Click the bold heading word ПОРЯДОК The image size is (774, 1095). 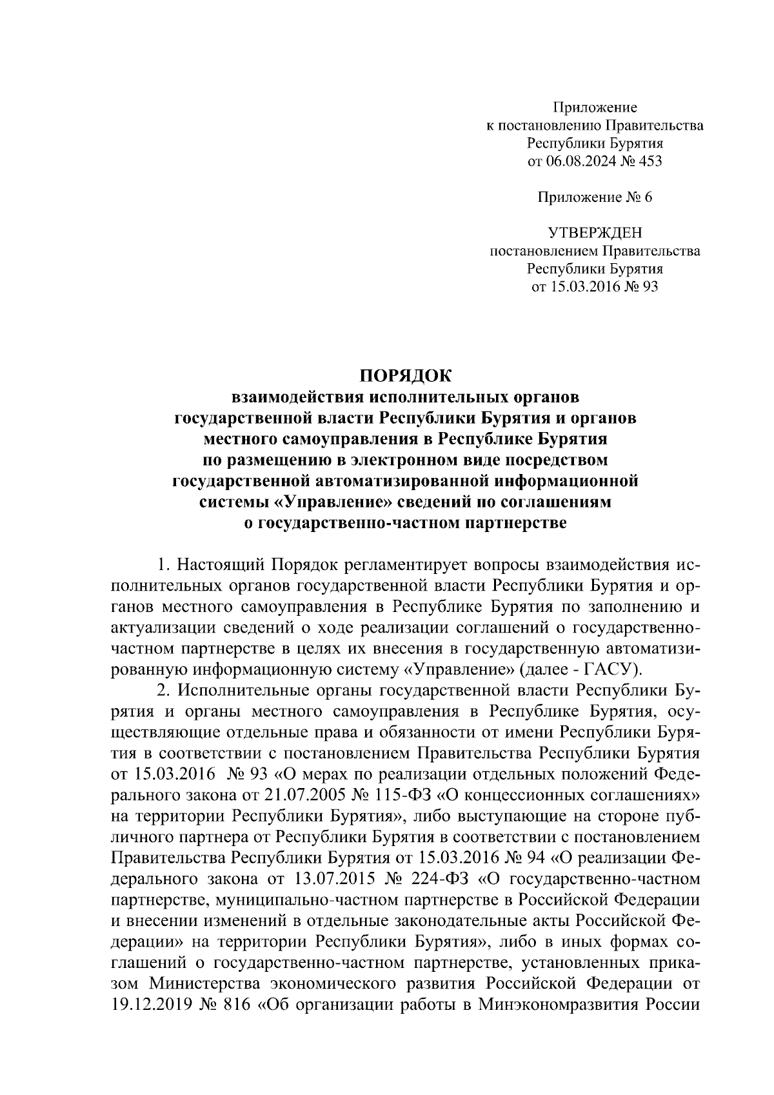point(406,375)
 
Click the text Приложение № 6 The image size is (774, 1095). point(595,197)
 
